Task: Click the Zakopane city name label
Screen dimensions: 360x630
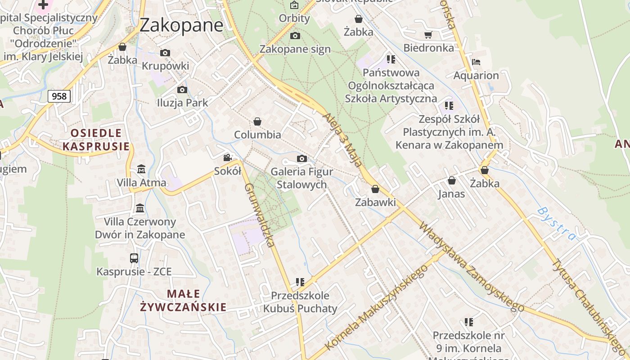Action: tap(181, 25)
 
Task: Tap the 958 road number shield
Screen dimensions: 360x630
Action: tap(59, 96)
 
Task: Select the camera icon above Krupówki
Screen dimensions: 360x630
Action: tap(165, 53)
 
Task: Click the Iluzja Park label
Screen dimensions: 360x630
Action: tap(182, 103)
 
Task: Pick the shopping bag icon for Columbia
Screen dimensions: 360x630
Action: tap(257, 121)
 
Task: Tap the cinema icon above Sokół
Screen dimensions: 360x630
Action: tap(228, 157)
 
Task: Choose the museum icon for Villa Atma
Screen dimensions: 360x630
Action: tap(141, 169)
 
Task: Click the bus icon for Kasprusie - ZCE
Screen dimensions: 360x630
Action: tap(134, 258)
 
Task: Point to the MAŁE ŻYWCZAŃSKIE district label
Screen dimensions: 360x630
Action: tap(183, 301)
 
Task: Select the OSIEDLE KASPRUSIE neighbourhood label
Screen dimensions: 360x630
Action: tap(96, 139)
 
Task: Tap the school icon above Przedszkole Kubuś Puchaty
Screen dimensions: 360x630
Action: tap(300, 282)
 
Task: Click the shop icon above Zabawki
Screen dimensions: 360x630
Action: tap(375, 189)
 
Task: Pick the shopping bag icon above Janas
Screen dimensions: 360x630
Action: tap(451, 180)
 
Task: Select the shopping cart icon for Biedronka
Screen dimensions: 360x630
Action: tap(428, 35)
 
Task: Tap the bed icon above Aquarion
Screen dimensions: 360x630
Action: tap(476, 62)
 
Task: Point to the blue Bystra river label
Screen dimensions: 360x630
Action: tap(556, 223)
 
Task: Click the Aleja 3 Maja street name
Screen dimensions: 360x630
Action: tap(342, 139)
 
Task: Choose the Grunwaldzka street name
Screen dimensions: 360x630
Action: tap(259, 215)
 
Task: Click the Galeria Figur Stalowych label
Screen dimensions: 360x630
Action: tap(302, 178)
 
